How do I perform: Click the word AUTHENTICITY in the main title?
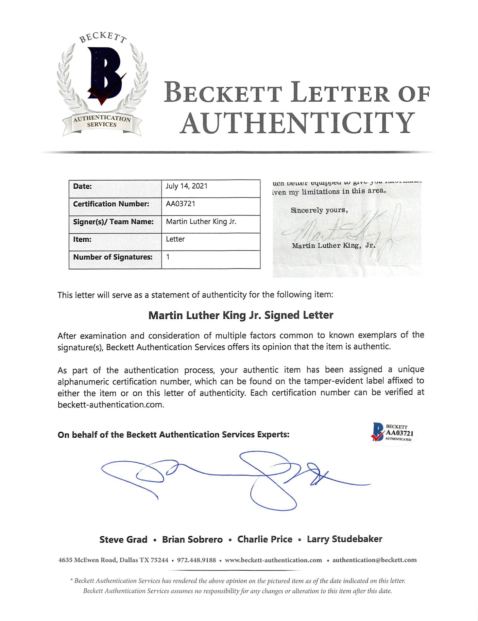tap(297, 123)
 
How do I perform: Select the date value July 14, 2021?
tap(186, 186)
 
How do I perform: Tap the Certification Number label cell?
tap(111, 204)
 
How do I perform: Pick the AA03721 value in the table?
tap(181, 204)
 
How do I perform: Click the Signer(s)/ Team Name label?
tap(113, 222)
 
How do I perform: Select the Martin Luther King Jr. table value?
tap(201, 222)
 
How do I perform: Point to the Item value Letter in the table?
tap(175, 239)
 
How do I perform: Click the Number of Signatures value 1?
tap(168, 257)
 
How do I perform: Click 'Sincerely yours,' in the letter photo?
tap(319, 210)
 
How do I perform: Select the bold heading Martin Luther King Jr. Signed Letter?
tap(241, 315)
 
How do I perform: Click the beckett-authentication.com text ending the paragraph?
tap(111, 404)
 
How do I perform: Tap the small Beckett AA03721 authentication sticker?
tap(393, 433)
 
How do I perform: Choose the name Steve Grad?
tap(123, 539)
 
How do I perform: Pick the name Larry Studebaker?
tap(344, 539)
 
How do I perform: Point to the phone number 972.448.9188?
tap(196, 560)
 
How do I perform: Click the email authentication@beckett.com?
tap(374, 560)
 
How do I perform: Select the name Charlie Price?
tap(264, 539)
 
